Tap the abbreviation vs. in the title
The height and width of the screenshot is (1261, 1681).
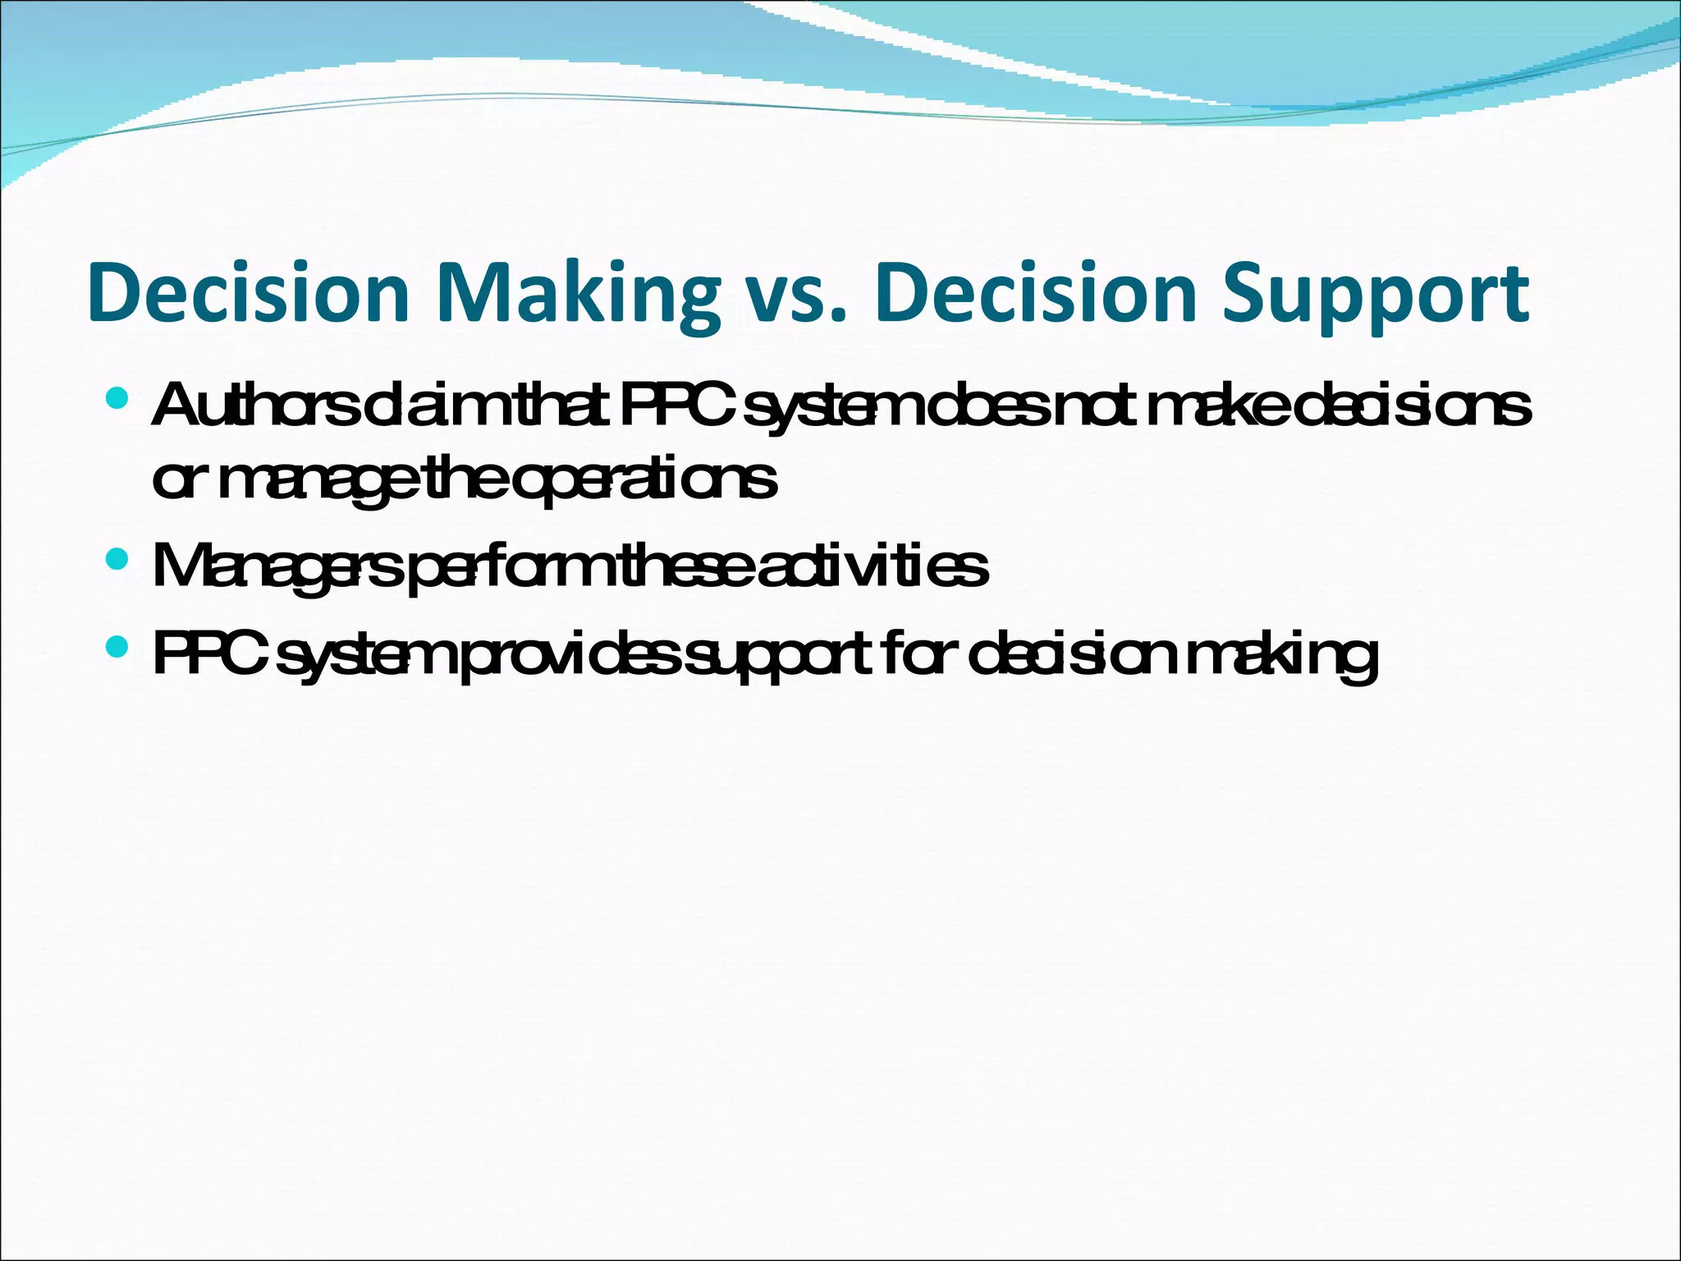(790, 294)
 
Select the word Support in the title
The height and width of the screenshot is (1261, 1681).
(1376, 294)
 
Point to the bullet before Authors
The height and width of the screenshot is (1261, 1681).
(117, 400)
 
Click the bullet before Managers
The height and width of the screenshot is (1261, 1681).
(117, 560)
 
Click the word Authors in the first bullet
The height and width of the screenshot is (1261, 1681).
(254, 406)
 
